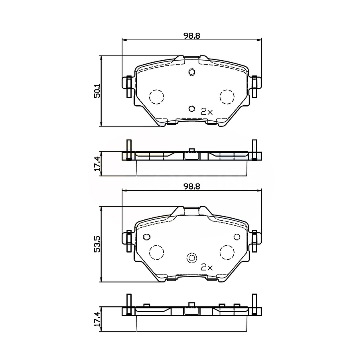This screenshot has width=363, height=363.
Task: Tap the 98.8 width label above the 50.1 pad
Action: click(191, 35)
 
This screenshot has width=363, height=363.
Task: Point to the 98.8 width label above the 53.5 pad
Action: click(191, 186)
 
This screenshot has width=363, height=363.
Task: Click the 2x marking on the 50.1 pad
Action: click(207, 112)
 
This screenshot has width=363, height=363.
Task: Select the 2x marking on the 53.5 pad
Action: click(207, 267)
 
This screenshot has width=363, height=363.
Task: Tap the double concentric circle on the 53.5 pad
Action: click(191, 258)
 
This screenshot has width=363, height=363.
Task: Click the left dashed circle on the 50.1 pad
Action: click(156, 97)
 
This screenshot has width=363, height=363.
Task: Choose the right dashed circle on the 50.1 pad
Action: click(227, 97)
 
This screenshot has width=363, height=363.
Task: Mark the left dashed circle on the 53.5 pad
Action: click(156, 252)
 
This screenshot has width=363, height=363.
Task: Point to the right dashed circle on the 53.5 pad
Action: click(227, 252)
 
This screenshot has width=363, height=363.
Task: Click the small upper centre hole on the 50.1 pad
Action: click(191, 72)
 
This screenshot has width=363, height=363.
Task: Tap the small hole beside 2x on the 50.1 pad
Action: click(191, 109)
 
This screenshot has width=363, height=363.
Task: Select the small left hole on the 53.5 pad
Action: click(146, 237)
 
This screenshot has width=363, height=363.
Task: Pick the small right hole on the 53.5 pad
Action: click(237, 237)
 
